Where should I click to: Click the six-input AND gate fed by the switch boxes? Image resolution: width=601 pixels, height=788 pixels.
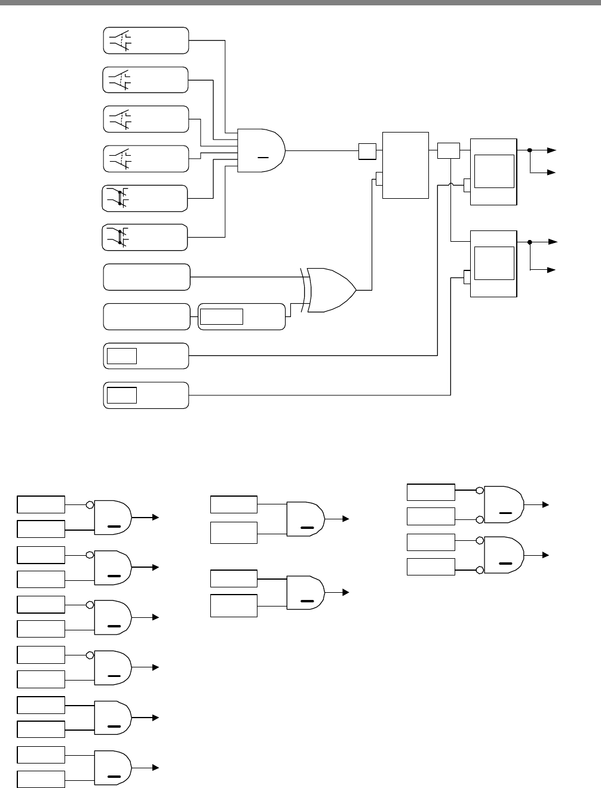pos(261,150)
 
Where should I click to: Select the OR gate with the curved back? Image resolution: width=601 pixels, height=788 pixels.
pos(330,290)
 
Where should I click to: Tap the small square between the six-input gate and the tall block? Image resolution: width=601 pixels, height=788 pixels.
pos(367,152)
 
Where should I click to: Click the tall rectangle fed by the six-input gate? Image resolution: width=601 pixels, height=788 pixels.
pos(405,165)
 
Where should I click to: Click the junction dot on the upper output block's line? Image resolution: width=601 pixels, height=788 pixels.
pos(530,150)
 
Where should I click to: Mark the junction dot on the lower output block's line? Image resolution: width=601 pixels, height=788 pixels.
pos(530,242)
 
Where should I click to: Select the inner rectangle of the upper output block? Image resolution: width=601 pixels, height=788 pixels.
pos(494,171)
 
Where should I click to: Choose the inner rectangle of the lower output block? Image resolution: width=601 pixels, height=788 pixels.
pos(494,263)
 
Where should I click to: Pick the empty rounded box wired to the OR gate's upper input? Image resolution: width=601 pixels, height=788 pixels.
pos(147,277)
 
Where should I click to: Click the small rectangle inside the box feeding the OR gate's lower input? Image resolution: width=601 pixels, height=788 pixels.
pos(222,316)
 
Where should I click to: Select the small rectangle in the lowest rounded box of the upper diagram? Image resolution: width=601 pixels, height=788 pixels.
pos(122,395)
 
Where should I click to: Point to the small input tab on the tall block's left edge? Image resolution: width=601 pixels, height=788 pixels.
pos(379,178)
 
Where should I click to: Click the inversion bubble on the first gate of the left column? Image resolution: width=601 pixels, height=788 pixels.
pos(90,505)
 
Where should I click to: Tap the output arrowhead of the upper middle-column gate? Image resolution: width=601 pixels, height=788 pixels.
pos(345,519)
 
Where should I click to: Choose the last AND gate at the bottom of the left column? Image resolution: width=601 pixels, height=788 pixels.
pos(113,768)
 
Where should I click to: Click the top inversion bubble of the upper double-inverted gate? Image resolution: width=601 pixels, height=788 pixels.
pos(480,491)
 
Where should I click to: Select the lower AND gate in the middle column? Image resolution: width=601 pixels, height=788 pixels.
pos(305,593)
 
